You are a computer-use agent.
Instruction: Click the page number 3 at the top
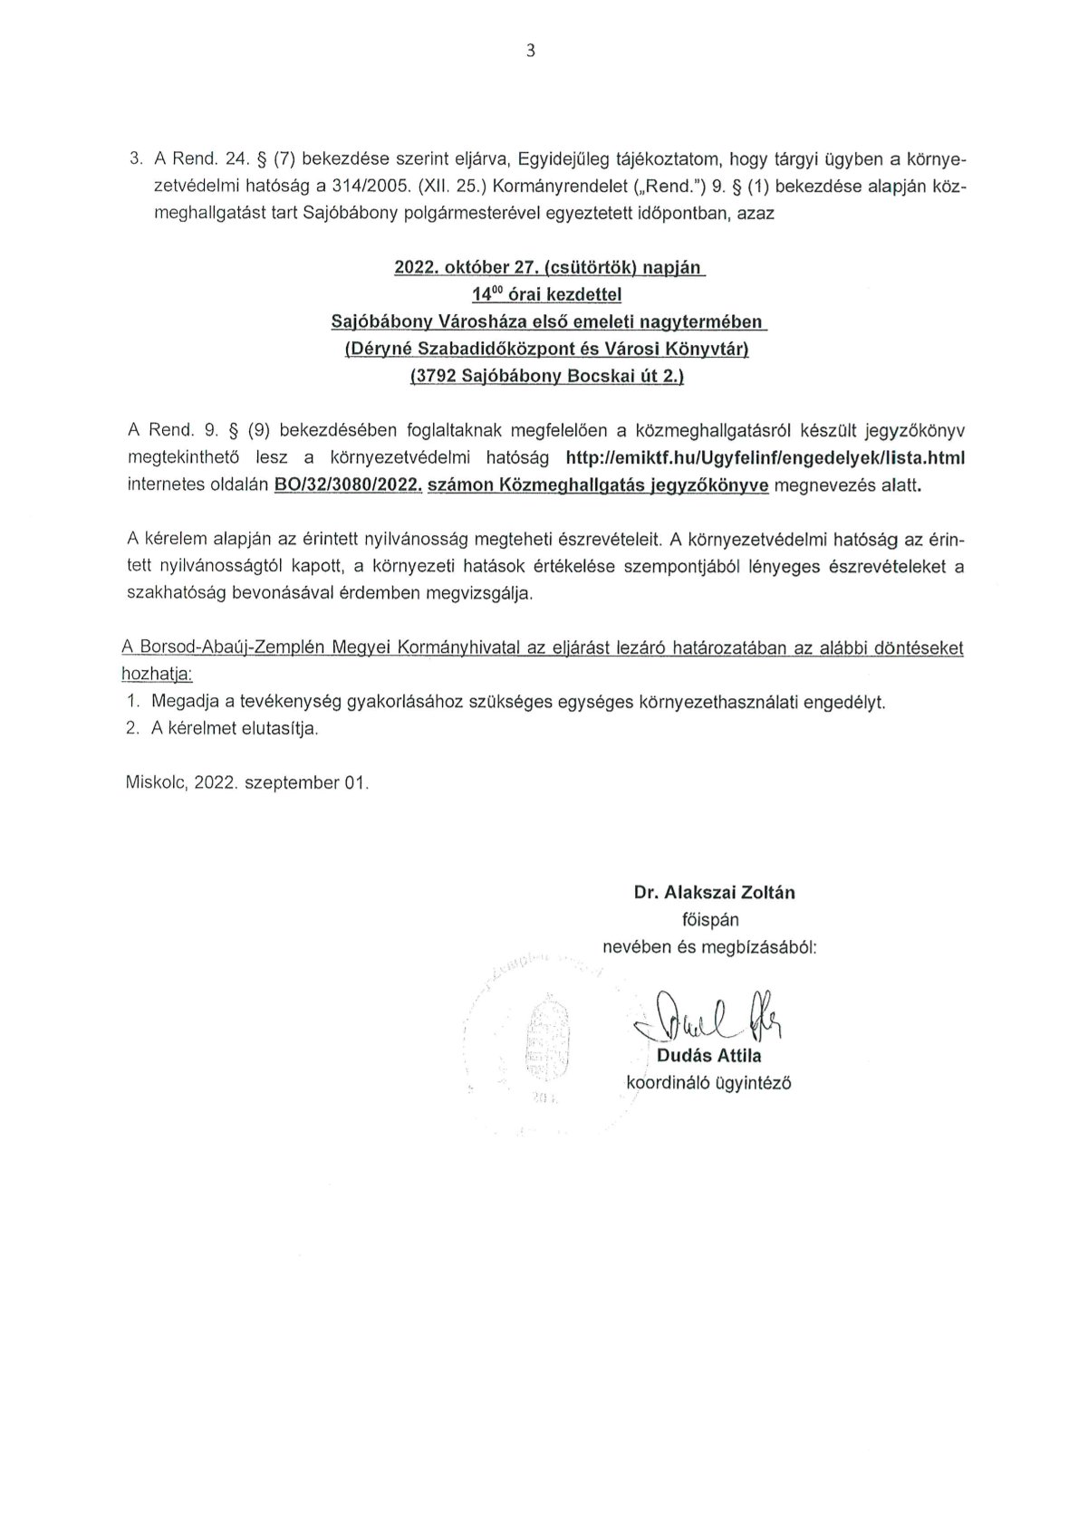(531, 52)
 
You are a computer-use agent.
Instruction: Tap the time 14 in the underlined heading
(484, 295)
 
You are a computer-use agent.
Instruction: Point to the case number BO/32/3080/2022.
(348, 485)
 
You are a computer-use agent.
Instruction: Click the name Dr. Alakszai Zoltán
(714, 892)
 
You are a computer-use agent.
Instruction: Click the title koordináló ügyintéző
(708, 1082)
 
